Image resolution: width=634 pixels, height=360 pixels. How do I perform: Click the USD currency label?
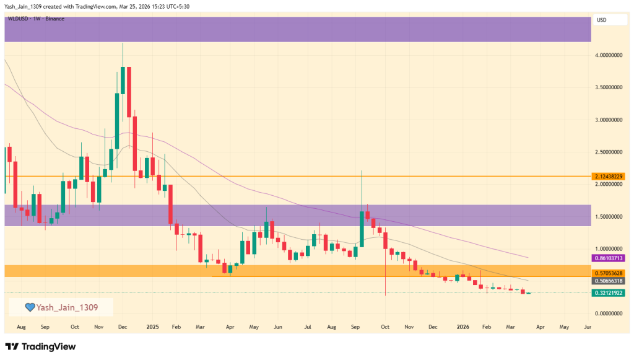[x=601, y=20]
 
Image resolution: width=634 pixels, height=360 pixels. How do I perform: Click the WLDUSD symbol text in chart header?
[x=18, y=19]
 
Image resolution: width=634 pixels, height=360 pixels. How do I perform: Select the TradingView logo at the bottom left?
[x=40, y=346]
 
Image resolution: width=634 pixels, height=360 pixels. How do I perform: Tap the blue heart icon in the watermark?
[x=29, y=307]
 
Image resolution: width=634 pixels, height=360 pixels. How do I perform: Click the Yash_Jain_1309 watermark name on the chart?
[x=66, y=307]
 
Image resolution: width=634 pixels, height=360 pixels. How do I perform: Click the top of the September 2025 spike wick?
[x=362, y=170]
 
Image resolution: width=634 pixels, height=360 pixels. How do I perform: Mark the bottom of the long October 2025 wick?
[x=386, y=296]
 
